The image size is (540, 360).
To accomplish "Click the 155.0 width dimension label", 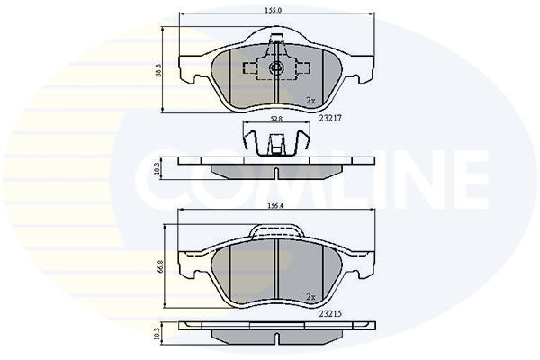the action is [274, 10].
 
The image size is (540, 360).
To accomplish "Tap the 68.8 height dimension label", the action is [158, 71].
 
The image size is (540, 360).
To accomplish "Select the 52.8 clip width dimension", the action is [276, 119].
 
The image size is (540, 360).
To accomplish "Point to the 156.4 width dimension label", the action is [275, 206].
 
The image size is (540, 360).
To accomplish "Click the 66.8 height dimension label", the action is [158, 267].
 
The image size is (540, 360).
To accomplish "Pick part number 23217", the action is [330, 118].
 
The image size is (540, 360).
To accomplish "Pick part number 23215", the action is [330, 313].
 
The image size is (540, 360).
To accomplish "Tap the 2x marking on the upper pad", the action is [311, 100].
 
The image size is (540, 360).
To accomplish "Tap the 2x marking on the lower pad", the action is [311, 296].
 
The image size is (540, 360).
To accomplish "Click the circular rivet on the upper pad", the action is [276, 67].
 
